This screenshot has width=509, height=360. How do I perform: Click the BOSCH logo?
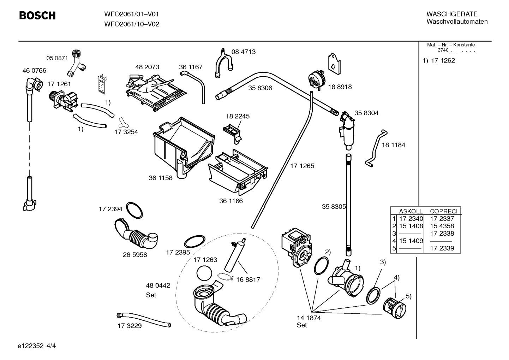[x=37, y=16]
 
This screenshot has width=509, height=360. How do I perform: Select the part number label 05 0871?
[x=57, y=58]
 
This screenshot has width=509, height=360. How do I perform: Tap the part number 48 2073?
[x=147, y=67]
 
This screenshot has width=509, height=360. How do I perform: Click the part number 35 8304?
[x=366, y=113]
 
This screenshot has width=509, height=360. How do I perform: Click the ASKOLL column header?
[x=411, y=211]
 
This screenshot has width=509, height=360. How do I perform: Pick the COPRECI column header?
[x=443, y=211]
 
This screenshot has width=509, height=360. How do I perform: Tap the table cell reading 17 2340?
[x=411, y=219]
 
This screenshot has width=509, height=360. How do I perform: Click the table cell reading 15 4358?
[x=442, y=226]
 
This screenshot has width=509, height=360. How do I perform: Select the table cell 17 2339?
[x=442, y=248]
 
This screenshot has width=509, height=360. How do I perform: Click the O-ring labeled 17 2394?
[x=134, y=211]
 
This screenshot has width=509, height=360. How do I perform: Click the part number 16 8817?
[x=248, y=279]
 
